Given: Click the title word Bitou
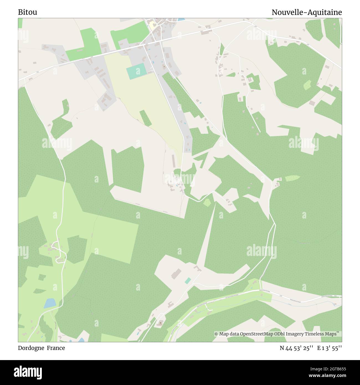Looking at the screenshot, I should pyautogui.click(x=27, y=12).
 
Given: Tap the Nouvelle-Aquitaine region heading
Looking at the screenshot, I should pyautogui.click(x=307, y=12).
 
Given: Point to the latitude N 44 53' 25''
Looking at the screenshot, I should pyautogui.click(x=296, y=348).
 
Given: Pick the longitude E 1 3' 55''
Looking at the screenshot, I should pyautogui.click(x=330, y=348).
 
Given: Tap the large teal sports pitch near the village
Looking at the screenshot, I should pyautogui.click(x=136, y=71).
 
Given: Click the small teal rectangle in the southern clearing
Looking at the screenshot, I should pyautogui.click(x=188, y=281).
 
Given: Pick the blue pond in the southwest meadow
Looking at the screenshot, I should pyautogui.click(x=50, y=303).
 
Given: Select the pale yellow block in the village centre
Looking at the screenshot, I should pyautogui.click(x=152, y=26).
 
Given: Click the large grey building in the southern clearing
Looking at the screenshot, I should pyautogui.click(x=176, y=274).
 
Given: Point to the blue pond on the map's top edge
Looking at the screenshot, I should pyautogui.click(x=181, y=20).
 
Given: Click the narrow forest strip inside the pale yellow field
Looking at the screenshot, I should pyautogui.click(x=145, y=118).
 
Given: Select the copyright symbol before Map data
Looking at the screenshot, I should pyautogui.click(x=216, y=334).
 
